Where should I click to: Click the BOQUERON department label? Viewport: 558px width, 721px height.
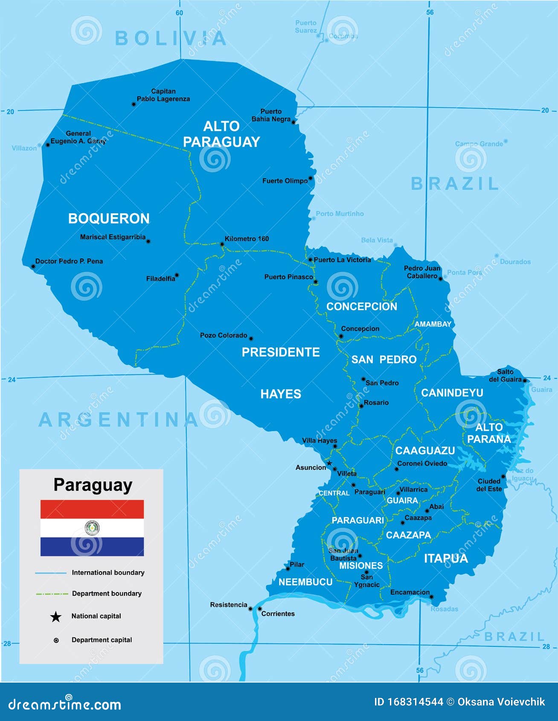tap(109, 218)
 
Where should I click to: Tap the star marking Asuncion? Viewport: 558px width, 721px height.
tap(329, 463)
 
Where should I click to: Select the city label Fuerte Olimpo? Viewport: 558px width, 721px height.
tap(285, 181)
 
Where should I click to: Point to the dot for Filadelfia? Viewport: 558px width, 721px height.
tap(177, 275)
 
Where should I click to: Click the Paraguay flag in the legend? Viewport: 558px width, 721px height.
tap(92, 528)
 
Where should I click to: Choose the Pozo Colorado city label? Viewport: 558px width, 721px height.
tap(224, 335)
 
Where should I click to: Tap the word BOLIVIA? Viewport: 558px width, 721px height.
tap(171, 38)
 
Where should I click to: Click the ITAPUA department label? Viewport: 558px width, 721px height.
tap(446, 558)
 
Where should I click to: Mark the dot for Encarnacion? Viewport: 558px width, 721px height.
tap(431, 597)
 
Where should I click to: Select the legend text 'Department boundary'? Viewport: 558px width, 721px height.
tap(107, 593)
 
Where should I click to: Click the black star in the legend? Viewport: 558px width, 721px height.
tap(56, 616)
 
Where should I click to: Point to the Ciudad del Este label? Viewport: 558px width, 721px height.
tap(489, 485)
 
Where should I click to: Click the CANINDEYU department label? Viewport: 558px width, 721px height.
tap(452, 392)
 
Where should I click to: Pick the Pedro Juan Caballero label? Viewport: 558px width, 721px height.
tap(422, 272)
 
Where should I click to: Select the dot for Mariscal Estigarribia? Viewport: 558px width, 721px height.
tap(148, 241)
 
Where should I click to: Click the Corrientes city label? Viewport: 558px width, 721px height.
tap(278, 613)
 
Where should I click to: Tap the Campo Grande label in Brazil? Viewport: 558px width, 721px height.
tap(479, 144)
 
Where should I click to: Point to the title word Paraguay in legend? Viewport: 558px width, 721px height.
tap(93, 485)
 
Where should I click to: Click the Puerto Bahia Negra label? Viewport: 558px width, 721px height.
tap(271, 115)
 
